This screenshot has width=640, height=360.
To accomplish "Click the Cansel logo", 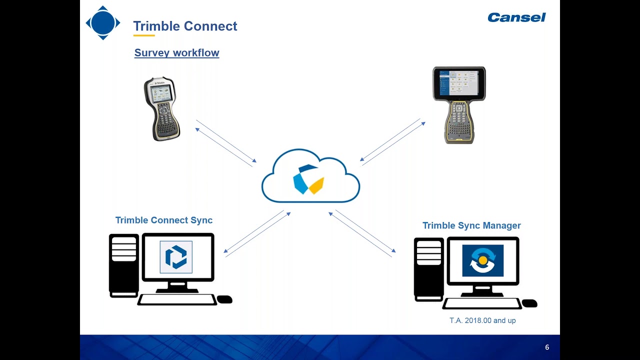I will pyautogui.click(x=516, y=17).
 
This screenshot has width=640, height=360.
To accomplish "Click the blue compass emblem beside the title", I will pyautogui.click(x=103, y=23).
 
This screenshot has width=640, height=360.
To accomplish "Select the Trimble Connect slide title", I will pyautogui.click(x=185, y=26).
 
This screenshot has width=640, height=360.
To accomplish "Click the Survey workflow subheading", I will pyautogui.click(x=176, y=52).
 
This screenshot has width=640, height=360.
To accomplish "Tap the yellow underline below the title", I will pyautogui.click(x=144, y=35).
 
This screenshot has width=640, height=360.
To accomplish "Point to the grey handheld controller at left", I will pyautogui.click(x=161, y=108).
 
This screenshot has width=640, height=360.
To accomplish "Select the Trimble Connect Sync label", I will pyautogui.click(x=164, y=220).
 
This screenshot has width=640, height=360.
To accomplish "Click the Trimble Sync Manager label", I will pyautogui.click(x=471, y=225).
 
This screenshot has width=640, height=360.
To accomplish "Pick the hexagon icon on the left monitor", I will pyautogui.click(x=176, y=257).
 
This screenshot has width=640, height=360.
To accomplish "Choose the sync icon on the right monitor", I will pyautogui.click(x=482, y=260).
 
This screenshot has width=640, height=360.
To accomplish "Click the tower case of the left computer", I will pyautogui.click(x=123, y=265).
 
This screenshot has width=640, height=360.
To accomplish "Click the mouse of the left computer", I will pyautogui.click(x=224, y=299).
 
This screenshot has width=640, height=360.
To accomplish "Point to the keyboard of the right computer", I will pyautogui.click(x=481, y=303).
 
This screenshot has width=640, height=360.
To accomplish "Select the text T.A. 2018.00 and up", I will pyautogui.click(x=482, y=320).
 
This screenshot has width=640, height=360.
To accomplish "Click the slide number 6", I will pyautogui.click(x=547, y=347).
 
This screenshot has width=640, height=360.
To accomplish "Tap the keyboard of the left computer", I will pyautogui.click(x=176, y=299).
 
